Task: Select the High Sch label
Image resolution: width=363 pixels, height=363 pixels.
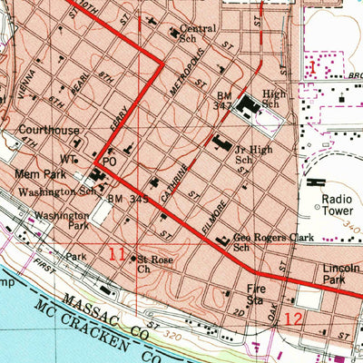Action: point(273,98)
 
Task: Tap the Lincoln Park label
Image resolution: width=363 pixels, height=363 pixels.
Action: point(341,276)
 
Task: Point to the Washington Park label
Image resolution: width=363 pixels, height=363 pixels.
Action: point(62,221)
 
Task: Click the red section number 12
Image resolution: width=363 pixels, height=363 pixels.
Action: point(292,319)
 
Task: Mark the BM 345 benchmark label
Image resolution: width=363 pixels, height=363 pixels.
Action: point(128,197)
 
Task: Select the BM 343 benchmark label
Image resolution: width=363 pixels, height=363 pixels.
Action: point(224,100)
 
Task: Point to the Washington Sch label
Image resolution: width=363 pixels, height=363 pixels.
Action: point(58,191)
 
